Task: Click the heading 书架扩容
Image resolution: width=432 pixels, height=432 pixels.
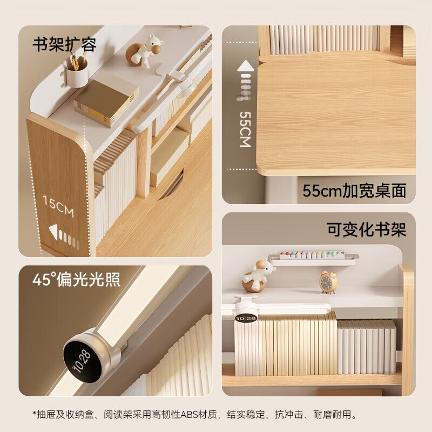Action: tap(65, 44)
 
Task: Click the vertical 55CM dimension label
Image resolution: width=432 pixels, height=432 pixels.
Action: tap(245, 130)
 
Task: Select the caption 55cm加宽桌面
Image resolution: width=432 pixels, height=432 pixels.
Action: tap(354, 190)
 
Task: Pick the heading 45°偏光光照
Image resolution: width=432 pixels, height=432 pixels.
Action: tap(76, 279)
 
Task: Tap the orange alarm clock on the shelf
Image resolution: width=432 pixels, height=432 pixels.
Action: tap(328, 281)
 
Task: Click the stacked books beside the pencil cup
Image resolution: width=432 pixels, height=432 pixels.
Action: tap(105, 100)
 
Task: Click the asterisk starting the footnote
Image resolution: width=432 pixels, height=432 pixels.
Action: tap(34, 414)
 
